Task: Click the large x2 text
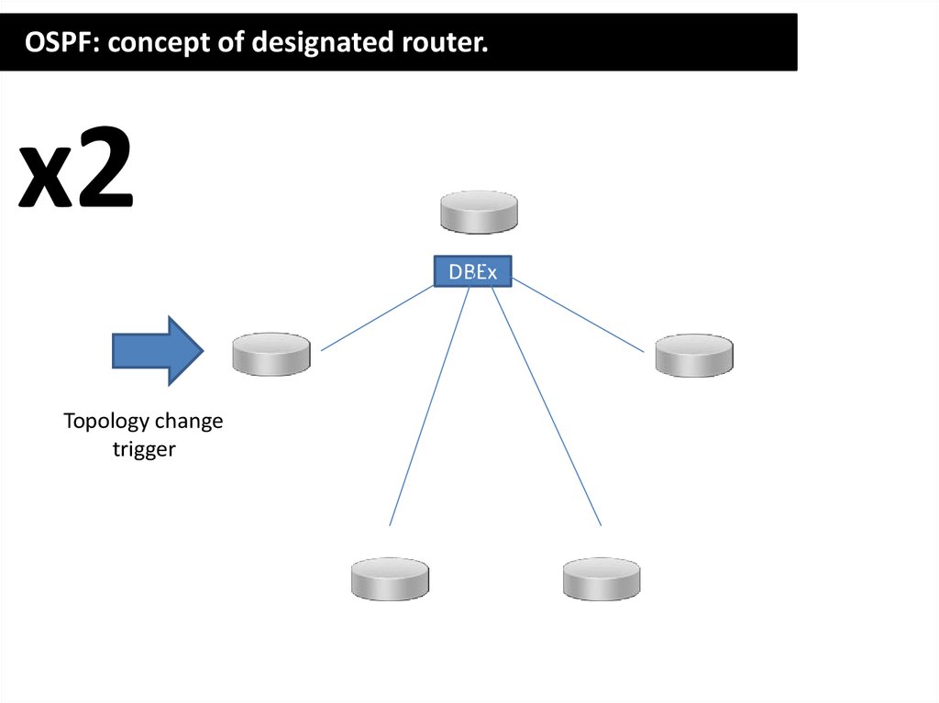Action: coord(77,170)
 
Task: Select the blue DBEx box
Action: coord(472,271)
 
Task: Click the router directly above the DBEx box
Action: coord(479,212)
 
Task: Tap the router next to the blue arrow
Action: coord(271,354)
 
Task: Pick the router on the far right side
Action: coord(694,355)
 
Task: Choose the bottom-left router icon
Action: coord(390,578)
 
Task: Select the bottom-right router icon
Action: coord(602,578)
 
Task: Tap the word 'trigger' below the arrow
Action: coord(144,450)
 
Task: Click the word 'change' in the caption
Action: coord(189,422)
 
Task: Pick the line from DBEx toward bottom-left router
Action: coord(430,404)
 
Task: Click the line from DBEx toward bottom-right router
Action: coord(546,404)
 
